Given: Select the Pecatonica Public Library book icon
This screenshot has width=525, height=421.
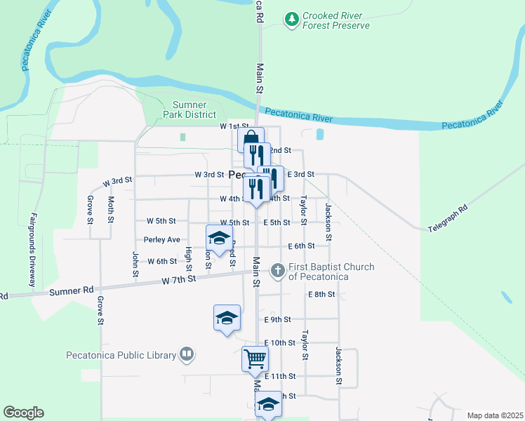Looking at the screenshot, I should (187, 354).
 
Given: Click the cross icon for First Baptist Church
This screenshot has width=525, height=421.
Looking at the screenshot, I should (278, 269).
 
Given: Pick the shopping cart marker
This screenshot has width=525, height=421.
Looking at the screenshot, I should (255, 359).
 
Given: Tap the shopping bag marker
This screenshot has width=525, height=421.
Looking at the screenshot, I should (251, 140).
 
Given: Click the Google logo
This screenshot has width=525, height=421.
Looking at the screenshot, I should (23, 413).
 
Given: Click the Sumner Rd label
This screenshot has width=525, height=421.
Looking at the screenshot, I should (78, 289).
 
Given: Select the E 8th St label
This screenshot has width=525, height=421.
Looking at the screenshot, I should (321, 295).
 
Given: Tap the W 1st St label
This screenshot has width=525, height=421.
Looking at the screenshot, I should (234, 126).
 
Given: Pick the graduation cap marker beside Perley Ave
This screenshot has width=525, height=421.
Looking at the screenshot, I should (219, 239).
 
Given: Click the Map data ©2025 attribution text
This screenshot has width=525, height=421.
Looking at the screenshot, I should (494, 415).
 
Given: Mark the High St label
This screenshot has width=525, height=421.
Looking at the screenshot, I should (188, 258).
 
